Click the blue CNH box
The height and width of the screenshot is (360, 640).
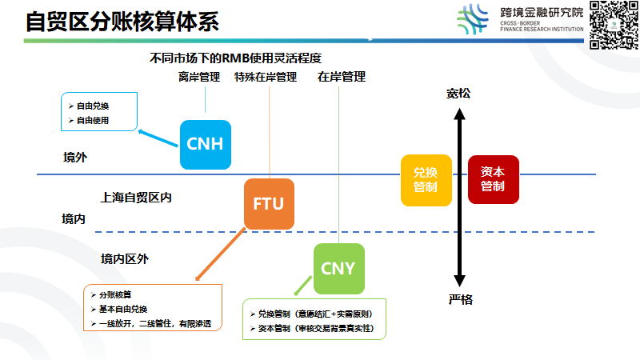(205, 144)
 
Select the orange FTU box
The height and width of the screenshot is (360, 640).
(269, 203)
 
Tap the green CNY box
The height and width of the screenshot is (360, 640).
(338, 268)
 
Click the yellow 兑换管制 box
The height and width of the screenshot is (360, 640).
(426, 180)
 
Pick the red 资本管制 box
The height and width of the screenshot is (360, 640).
(493, 179)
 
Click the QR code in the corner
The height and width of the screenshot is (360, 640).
(613, 26)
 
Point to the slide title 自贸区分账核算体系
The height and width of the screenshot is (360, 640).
(122, 22)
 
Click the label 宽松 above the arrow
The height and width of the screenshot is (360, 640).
(459, 94)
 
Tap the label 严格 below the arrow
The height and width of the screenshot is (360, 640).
(460, 299)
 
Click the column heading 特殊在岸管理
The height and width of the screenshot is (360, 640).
(266, 77)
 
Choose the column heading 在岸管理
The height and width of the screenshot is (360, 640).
(342, 77)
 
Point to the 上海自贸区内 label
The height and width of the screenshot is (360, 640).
(136, 196)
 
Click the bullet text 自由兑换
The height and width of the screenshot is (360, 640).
(93, 106)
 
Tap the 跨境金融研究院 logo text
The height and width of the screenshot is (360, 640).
(541, 13)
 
